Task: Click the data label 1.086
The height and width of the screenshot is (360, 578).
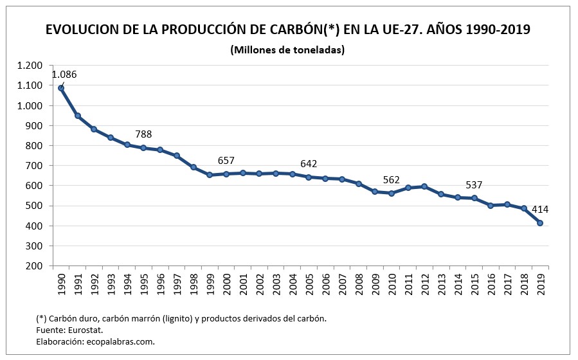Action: coord(64,75)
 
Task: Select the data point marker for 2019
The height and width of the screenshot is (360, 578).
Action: coord(539,223)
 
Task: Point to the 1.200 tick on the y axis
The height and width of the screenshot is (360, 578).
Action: coord(30,66)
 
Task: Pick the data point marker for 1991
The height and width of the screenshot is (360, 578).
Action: coord(78,116)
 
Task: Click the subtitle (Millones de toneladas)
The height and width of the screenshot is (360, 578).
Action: coord(287,50)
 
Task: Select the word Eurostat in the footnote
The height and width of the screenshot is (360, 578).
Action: coord(86,330)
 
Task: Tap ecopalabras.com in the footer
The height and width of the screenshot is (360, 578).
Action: coord(122,341)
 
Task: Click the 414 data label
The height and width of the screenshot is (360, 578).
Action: coord(539,209)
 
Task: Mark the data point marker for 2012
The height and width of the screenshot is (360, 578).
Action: coord(424,186)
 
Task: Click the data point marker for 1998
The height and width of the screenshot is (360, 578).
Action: coord(193,167)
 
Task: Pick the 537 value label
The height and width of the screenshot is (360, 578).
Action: coord(474,185)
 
